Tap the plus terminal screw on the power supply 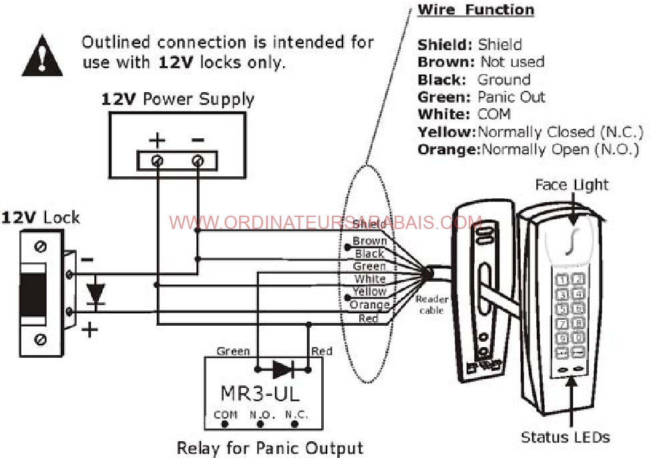click(157, 161)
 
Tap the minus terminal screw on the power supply click(198, 161)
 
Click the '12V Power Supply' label click(178, 100)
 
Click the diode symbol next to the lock click(96, 292)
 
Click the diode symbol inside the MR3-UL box click(282, 369)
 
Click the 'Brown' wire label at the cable click(369, 241)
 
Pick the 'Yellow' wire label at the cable click(369, 292)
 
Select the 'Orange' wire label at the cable click(369, 305)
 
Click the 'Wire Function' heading click(475, 10)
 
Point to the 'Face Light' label click(572, 184)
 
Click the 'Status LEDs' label click(565, 438)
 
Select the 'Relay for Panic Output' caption click(270, 448)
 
